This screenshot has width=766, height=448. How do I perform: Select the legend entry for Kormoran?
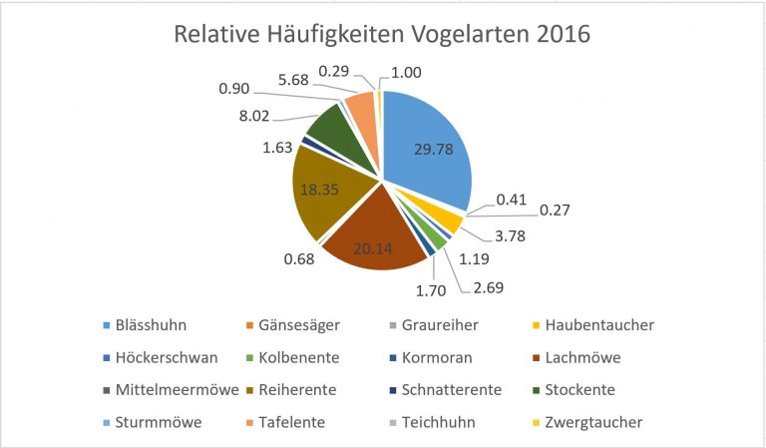[x=434, y=357]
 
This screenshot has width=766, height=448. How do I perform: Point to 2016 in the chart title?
[x=561, y=34]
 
